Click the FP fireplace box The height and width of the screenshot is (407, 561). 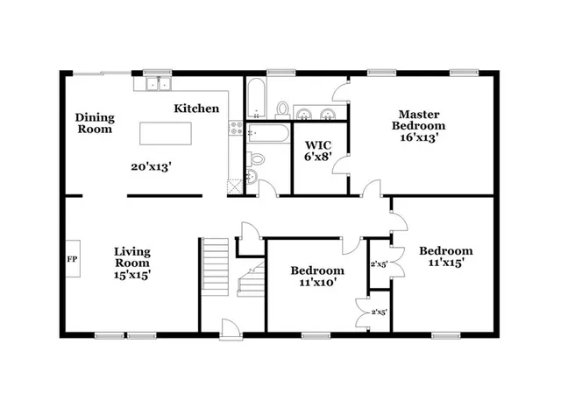pyautogui.click(x=72, y=259)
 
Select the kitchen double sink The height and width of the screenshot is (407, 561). pyautogui.click(x=158, y=85)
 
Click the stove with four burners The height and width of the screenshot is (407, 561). pyautogui.click(x=235, y=129)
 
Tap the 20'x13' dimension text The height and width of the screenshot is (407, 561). pyautogui.click(x=151, y=166)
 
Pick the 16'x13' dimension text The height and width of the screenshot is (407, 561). pyautogui.click(x=418, y=137)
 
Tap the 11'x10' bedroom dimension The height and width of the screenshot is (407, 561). pyautogui.click(x=317, y=282)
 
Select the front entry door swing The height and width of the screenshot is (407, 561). pyautogui.click(x=229, y=329)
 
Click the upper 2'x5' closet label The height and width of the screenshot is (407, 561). pyautogui.click(x=380, y=263)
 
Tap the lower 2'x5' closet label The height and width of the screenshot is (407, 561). pyautogui.click(x=380, y=312)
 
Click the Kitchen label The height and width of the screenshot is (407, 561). pyautogui.click(x=196, y=109)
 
